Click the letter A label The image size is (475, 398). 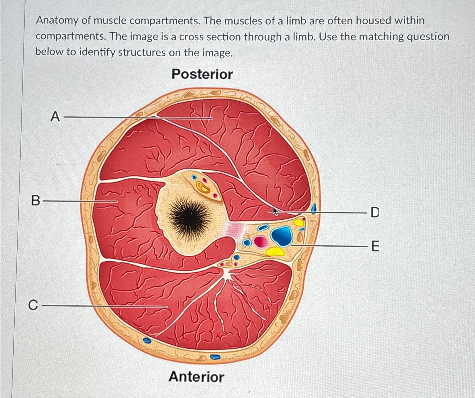tap(55, 116)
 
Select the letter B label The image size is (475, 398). tap(36, 201)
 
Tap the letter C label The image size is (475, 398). tap(33, 305)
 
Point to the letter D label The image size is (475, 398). tap(375, 212)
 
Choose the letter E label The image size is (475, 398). tap(375, 246)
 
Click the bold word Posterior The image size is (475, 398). tap(202, 74)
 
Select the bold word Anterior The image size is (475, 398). tap(196, 377)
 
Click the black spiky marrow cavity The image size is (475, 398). tap(190, 217)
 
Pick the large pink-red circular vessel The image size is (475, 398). tap(261, 242)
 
